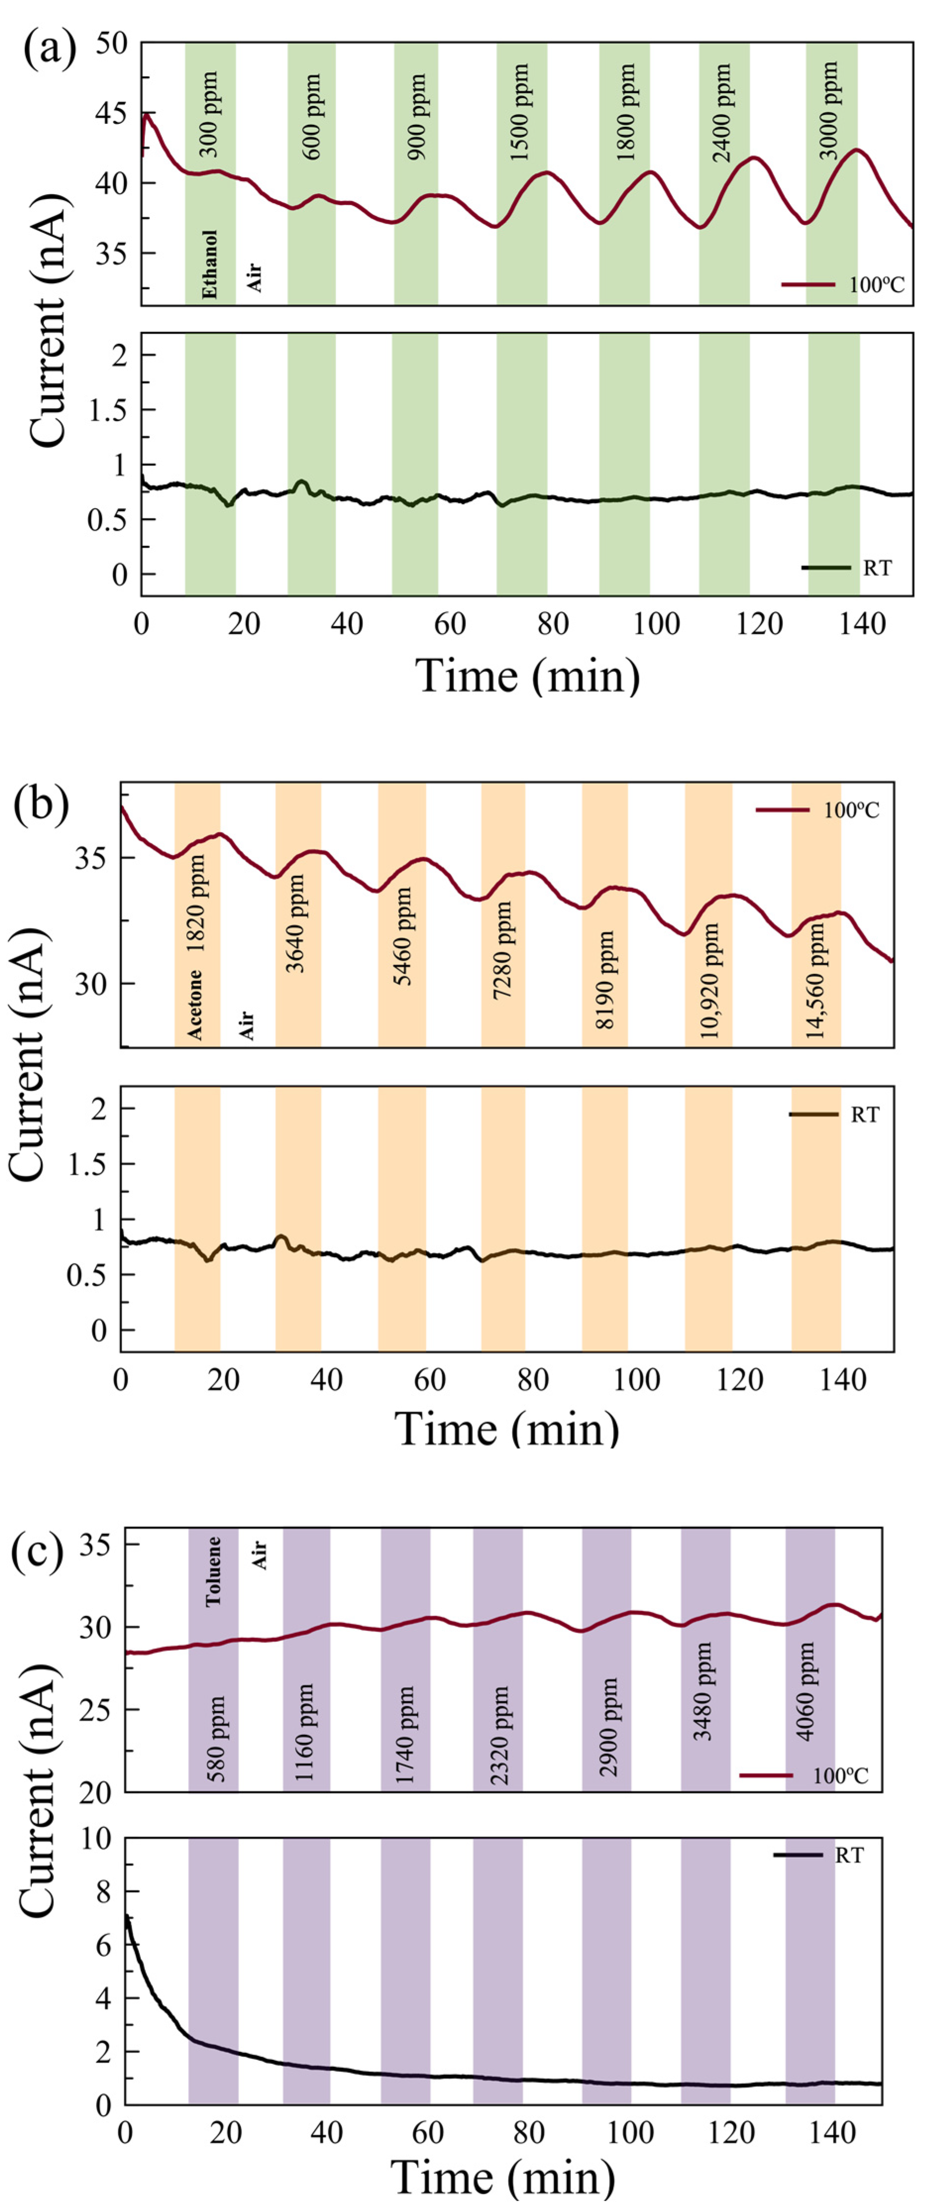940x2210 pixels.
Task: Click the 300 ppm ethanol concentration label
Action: [209, 113]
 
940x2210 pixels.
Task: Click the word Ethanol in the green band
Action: [210, 263]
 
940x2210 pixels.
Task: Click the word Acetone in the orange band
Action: [197, 1004]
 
